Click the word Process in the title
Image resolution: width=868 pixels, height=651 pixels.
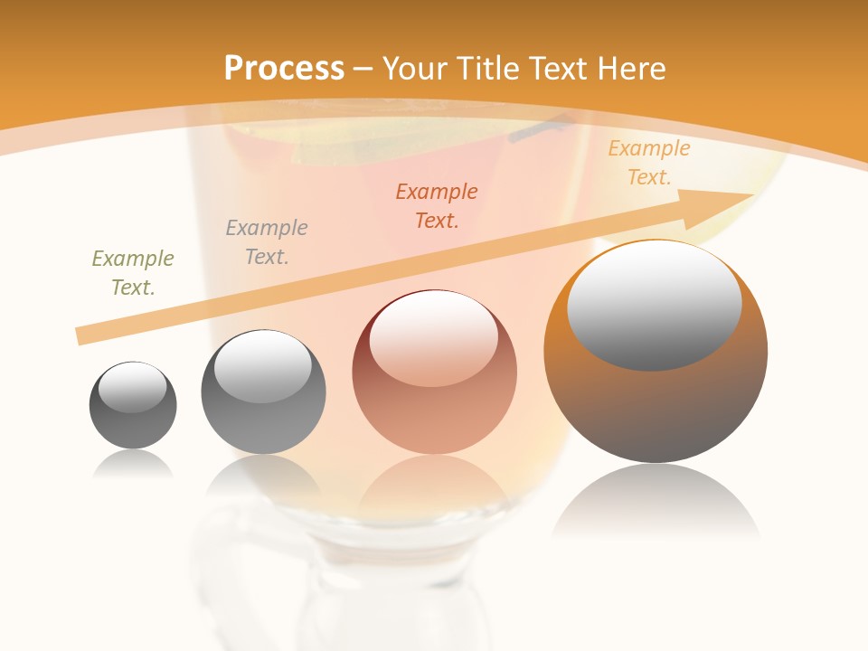284,69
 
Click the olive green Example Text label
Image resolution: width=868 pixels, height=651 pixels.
133,273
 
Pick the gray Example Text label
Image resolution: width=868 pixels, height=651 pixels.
267,242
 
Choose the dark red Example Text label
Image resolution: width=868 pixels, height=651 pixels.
437,206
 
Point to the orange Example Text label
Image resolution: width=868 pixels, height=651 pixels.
649,163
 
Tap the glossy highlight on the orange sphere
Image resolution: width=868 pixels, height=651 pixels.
655,306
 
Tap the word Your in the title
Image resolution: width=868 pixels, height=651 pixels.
414,69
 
